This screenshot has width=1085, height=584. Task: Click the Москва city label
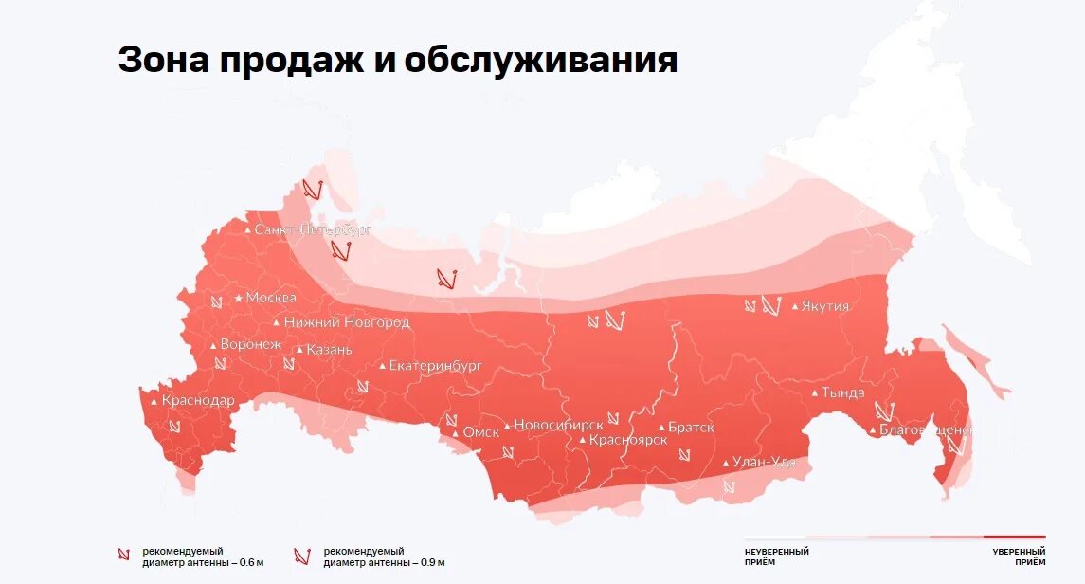click(x=270, y=298)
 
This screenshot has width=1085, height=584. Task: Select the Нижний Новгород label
click(x=346, y=322)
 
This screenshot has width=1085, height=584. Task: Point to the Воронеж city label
click(x=250, y=345)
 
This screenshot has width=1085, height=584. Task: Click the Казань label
click(x=329, y=350)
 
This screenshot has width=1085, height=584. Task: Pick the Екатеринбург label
click(x=436, y=365)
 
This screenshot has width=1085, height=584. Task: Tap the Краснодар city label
click(x=197, y=401)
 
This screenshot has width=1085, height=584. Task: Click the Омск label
click(x=480, y=432)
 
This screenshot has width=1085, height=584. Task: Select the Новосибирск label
click(x=558, y=426)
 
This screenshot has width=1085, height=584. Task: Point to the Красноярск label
click(x=627, y=440)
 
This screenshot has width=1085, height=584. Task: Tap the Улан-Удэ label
click(x=765, y=463)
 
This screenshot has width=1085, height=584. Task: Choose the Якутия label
click(x=824, y=306)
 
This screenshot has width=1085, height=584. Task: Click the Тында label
click(x=842, y=392)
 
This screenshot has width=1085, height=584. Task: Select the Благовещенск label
click(x=925, y=430)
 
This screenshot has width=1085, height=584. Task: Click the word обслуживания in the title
click(x=540, y=61)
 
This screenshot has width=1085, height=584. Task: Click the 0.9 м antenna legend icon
click(x=301, y=556)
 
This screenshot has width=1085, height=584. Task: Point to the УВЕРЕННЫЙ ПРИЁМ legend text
click(x=1019, y=557)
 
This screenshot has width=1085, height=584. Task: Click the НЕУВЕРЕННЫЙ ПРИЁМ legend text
click(x=776, y=557)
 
